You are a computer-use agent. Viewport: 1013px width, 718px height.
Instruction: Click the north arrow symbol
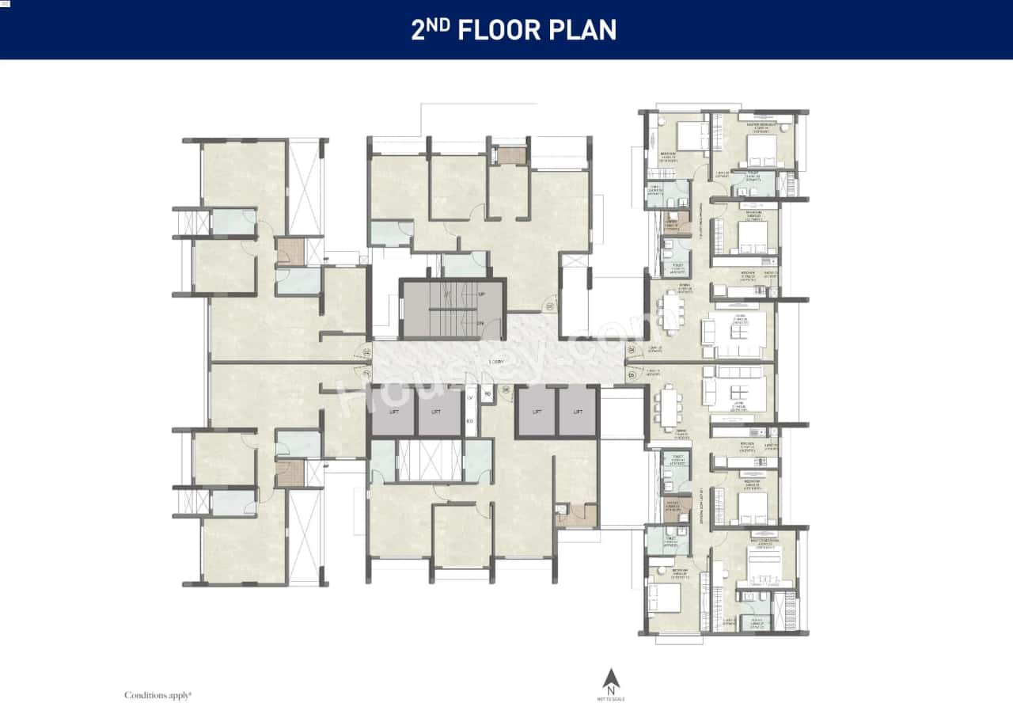click(610, 680)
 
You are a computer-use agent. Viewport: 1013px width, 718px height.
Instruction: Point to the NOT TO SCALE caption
click(610, 699)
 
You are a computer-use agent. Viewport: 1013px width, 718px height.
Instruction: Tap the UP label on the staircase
click(481, 294)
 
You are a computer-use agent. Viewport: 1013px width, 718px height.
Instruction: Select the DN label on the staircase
click(481, 325)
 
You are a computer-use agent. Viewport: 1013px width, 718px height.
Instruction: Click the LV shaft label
click(469, 398)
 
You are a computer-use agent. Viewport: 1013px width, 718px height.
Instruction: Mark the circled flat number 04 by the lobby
click(632, 349)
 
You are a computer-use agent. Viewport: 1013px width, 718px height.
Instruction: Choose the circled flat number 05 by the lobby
click(632, 374)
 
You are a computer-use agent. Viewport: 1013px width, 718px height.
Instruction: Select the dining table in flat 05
click(670, 406)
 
